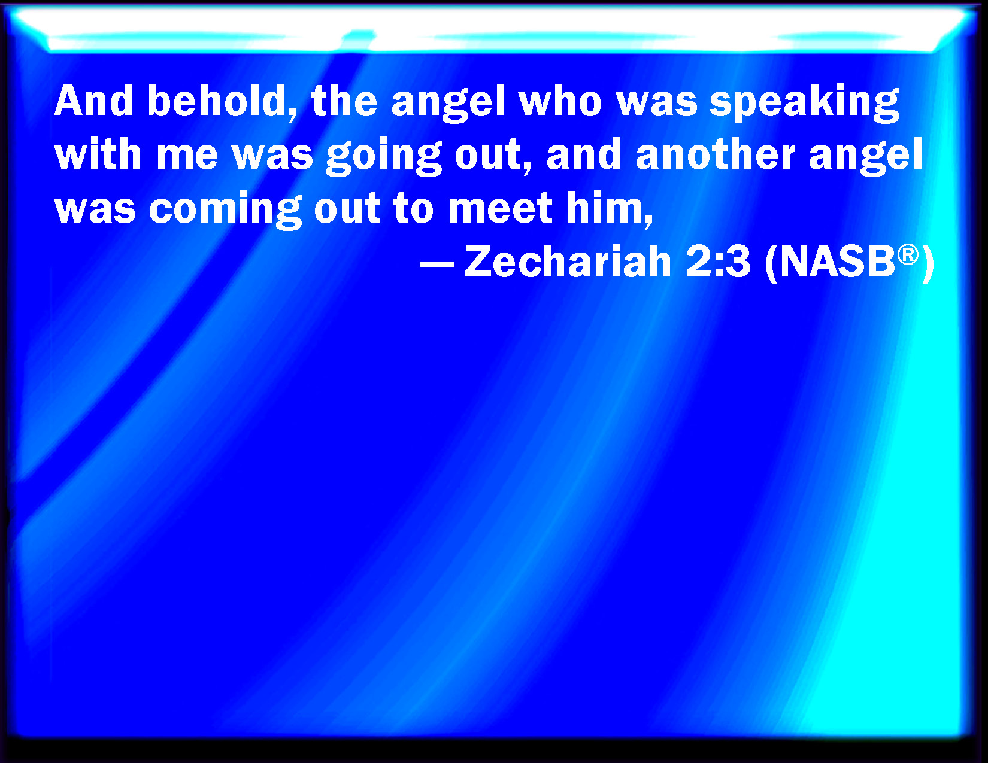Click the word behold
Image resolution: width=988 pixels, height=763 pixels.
[x=223, y=101]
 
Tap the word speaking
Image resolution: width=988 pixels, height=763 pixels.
[x=804, y=103]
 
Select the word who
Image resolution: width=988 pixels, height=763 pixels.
[x=560, y=101]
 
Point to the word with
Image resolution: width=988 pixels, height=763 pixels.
[x=98, y=154]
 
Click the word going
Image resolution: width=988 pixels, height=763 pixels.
[x=384, y=157]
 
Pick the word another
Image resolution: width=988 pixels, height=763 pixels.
[x=716, y=154]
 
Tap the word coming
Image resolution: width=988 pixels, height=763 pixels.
[x=225, y=211]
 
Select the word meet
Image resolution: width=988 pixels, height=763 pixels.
[x=500, y=208]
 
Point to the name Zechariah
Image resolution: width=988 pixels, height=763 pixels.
[x=568, y=262]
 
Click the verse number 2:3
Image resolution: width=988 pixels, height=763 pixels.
[x=718, y=262]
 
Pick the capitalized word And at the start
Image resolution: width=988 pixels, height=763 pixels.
[x=93, y=101]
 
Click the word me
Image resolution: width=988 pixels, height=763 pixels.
[x=187, y=157]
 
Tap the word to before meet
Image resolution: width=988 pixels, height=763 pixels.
[x=414, y=209]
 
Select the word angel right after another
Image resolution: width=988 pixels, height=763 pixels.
[x=866, y=157]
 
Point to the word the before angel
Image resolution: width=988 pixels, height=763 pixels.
[x=344, y=101]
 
